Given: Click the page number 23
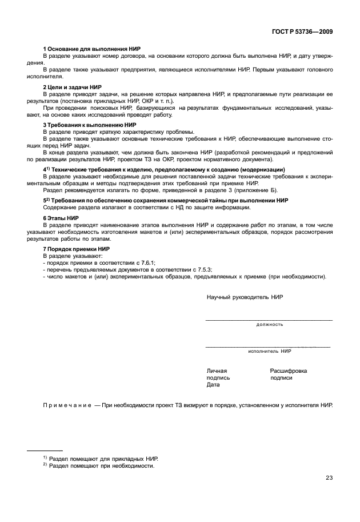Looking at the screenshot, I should [x=329, y=478].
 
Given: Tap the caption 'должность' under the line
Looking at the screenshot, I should [x=269, y=324].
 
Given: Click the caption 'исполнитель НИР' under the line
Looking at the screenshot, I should [x=269, y=350].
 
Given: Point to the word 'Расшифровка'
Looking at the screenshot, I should [x=288, y=370].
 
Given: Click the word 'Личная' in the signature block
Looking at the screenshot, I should [x=217, y=370].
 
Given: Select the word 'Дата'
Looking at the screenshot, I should [x=213, y=385].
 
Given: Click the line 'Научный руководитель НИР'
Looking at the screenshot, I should [x=245, y=297].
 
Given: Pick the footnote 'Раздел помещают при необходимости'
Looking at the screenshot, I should [x=101, y=466].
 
